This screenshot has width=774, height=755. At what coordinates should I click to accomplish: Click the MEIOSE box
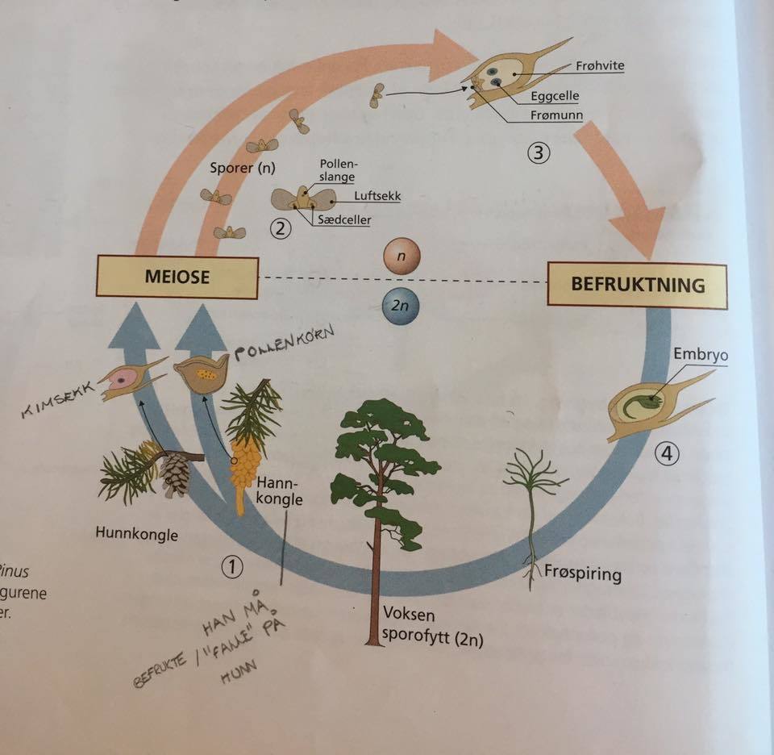pos(177,277)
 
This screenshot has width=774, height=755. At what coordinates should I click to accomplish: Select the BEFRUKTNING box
pos(637,284)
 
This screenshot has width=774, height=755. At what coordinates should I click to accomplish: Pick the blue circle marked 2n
pos(401,307)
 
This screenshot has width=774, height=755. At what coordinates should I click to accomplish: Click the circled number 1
pos(232,567)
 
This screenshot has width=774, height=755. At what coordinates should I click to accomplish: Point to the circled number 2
pos(280,229)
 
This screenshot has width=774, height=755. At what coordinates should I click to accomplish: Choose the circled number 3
pos(539,152)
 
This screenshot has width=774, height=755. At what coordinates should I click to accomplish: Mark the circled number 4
pos(665,454)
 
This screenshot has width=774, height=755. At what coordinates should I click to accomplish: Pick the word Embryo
pos(693,354)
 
